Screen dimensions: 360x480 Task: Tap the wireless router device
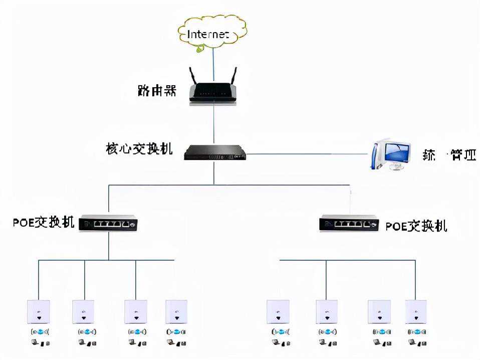tap(213, 92)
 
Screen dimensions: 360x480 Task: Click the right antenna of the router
tap(233, 77)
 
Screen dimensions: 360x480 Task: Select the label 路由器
tap(157, 90)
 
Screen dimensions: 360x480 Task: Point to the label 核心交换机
tap(139, 149)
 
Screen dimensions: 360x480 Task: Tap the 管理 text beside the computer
tap(463, 155)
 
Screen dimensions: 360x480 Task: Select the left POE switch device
tap(109, 224)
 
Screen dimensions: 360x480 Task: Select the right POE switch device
tap(349, 223)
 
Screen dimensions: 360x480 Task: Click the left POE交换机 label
tap(44, 222)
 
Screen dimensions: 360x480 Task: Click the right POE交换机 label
tap(416, 226)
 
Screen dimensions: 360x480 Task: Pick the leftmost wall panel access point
tap(38, 312)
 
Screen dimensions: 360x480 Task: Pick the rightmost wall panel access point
tap(416, 312)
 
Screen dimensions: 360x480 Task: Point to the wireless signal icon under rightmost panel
tap(416, 331)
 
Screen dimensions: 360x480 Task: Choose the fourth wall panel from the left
tap(176, 312)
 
